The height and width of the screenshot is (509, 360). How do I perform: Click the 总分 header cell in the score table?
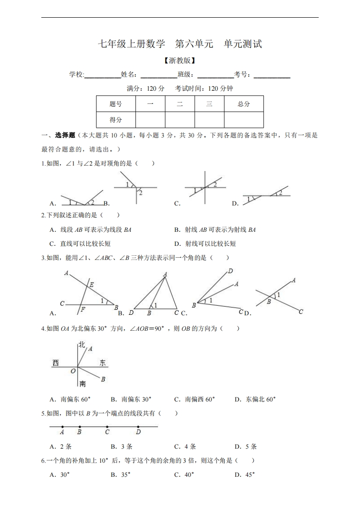[x=244, y=104]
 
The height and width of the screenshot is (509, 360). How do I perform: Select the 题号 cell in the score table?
[x=116, y=104]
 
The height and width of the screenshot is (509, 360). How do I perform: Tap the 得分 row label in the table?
[x=116, y=120]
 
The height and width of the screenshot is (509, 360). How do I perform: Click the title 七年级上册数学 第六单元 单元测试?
[x=180, y=44]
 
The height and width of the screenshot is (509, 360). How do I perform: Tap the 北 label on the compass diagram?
[x=82, y=345]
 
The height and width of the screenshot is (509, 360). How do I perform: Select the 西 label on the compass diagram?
[x=55, y=362]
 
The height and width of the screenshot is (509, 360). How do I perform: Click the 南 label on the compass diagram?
[x=82, y=384]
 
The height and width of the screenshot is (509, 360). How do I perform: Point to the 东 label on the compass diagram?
[x=103, y=362]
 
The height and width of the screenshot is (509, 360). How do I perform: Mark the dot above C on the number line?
[x=107, y=426]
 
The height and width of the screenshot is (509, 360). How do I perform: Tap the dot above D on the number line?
[x=138, y=426]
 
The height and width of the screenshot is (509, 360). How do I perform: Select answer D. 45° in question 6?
[x=245, y=475]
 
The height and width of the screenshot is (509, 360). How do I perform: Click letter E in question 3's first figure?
[x=91, y=285]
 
